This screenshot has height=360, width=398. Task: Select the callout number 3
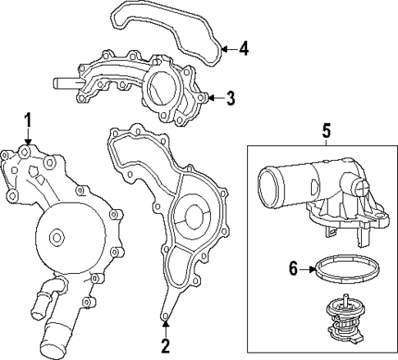[x=231, y=99]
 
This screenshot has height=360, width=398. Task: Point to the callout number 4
[x=244, y=49]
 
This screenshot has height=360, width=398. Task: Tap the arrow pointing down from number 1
[x=27, y=139]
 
